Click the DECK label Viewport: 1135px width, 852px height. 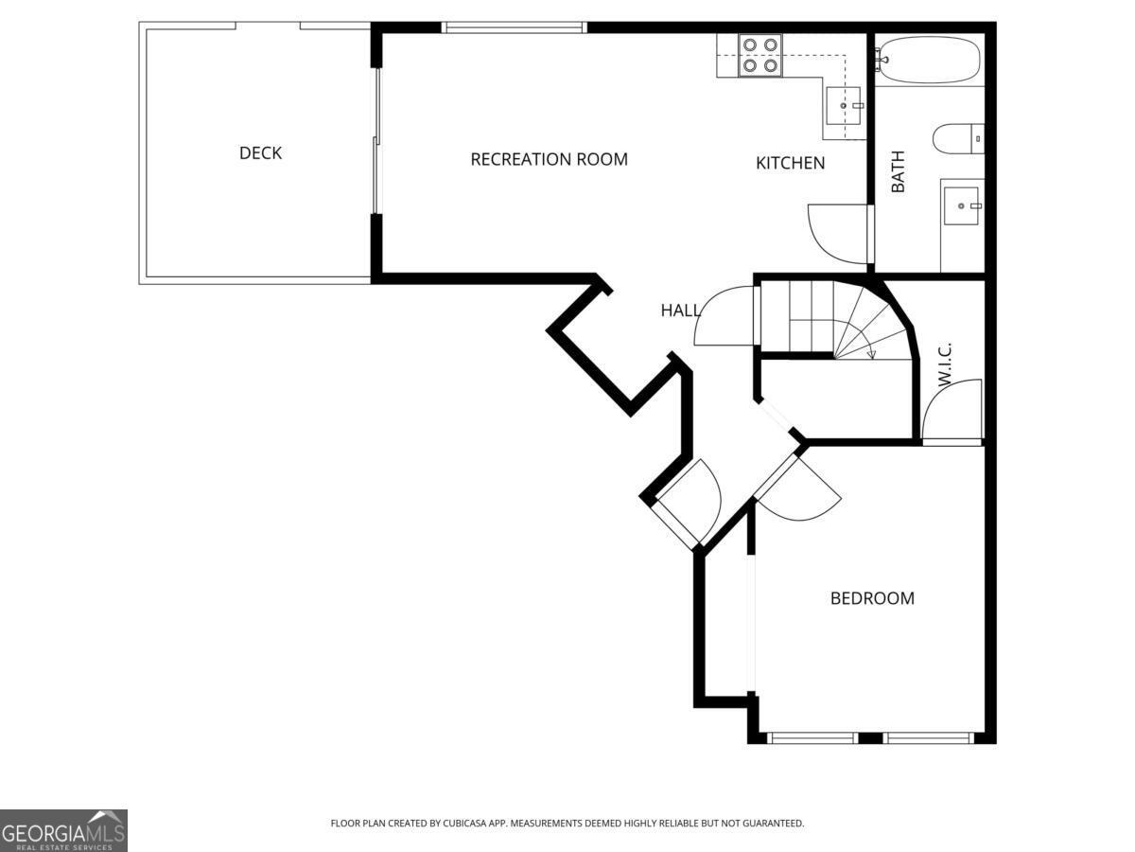[260, 153]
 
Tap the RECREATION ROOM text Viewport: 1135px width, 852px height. [549, 159]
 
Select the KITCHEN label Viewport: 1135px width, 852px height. [790, 163]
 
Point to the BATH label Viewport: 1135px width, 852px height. [898, 171]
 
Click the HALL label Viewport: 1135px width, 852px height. [680, 311]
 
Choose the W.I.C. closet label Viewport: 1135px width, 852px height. [944, 364]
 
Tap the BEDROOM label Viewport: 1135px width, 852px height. [872, 598]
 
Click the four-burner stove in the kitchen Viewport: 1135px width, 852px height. [760, 54]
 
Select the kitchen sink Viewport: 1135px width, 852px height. [843, 105]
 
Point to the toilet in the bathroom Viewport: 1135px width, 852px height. [958, 139]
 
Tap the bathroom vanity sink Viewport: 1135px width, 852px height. [963, 204]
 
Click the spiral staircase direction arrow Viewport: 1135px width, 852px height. [871, 354]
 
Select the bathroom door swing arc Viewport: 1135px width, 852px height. [832, 232]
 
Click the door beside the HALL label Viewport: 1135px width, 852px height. [724, 317]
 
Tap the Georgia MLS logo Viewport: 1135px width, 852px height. [63, 830]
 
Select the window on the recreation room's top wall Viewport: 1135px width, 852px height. [515, 27]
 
